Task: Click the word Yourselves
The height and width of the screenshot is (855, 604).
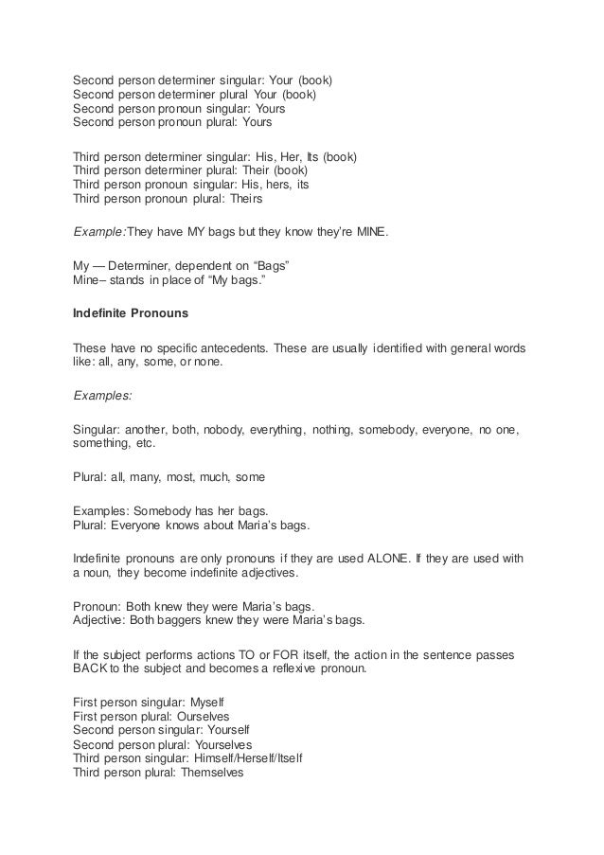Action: coord(220,745)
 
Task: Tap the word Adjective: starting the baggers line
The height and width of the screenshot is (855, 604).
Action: coord(102,620)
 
